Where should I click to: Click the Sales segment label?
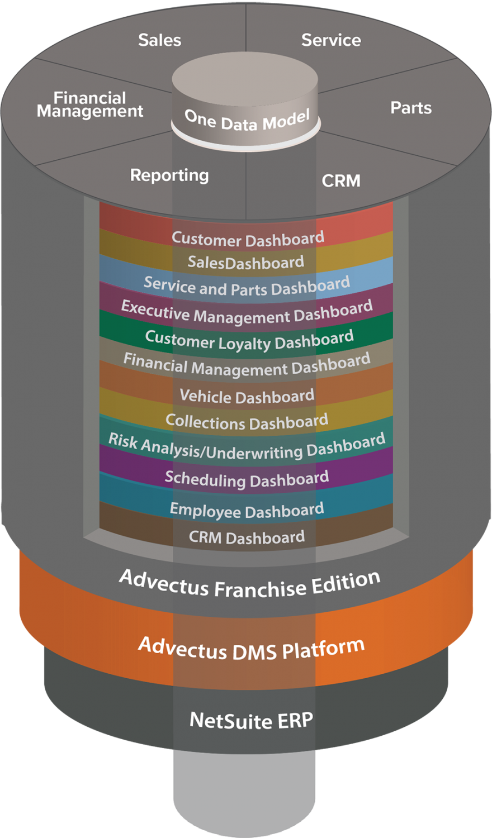(160, 40)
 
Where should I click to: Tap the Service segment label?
(331, 40)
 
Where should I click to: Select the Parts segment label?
(410, 108)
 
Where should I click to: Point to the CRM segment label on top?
(341, 180)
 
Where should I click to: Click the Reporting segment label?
(169, 175)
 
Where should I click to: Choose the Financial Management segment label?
(90, 104)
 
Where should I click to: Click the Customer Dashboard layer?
(247, 239)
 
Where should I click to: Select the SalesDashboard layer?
(246, 262)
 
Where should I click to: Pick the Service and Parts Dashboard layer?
(247, 286)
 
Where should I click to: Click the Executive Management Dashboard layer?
(247, 312)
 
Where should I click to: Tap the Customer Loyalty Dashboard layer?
(249, 340)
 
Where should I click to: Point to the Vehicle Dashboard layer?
(247, 396)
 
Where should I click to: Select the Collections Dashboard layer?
(247, 421)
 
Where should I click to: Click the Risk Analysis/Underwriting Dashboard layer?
(247, 447)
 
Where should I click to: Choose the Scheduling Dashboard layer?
(247, 479)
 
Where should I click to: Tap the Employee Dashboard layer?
(247, 510)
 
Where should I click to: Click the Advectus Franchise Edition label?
(249, 584)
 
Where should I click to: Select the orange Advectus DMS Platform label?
(251, 649)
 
